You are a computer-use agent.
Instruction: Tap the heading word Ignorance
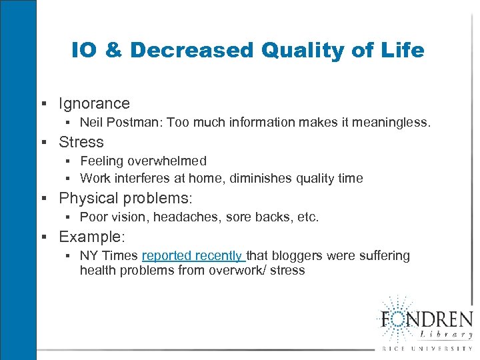[94, 103]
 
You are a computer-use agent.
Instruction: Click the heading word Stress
[81, 142]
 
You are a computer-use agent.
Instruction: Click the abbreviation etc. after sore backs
[308, 217]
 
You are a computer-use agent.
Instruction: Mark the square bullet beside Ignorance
[43, 104]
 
